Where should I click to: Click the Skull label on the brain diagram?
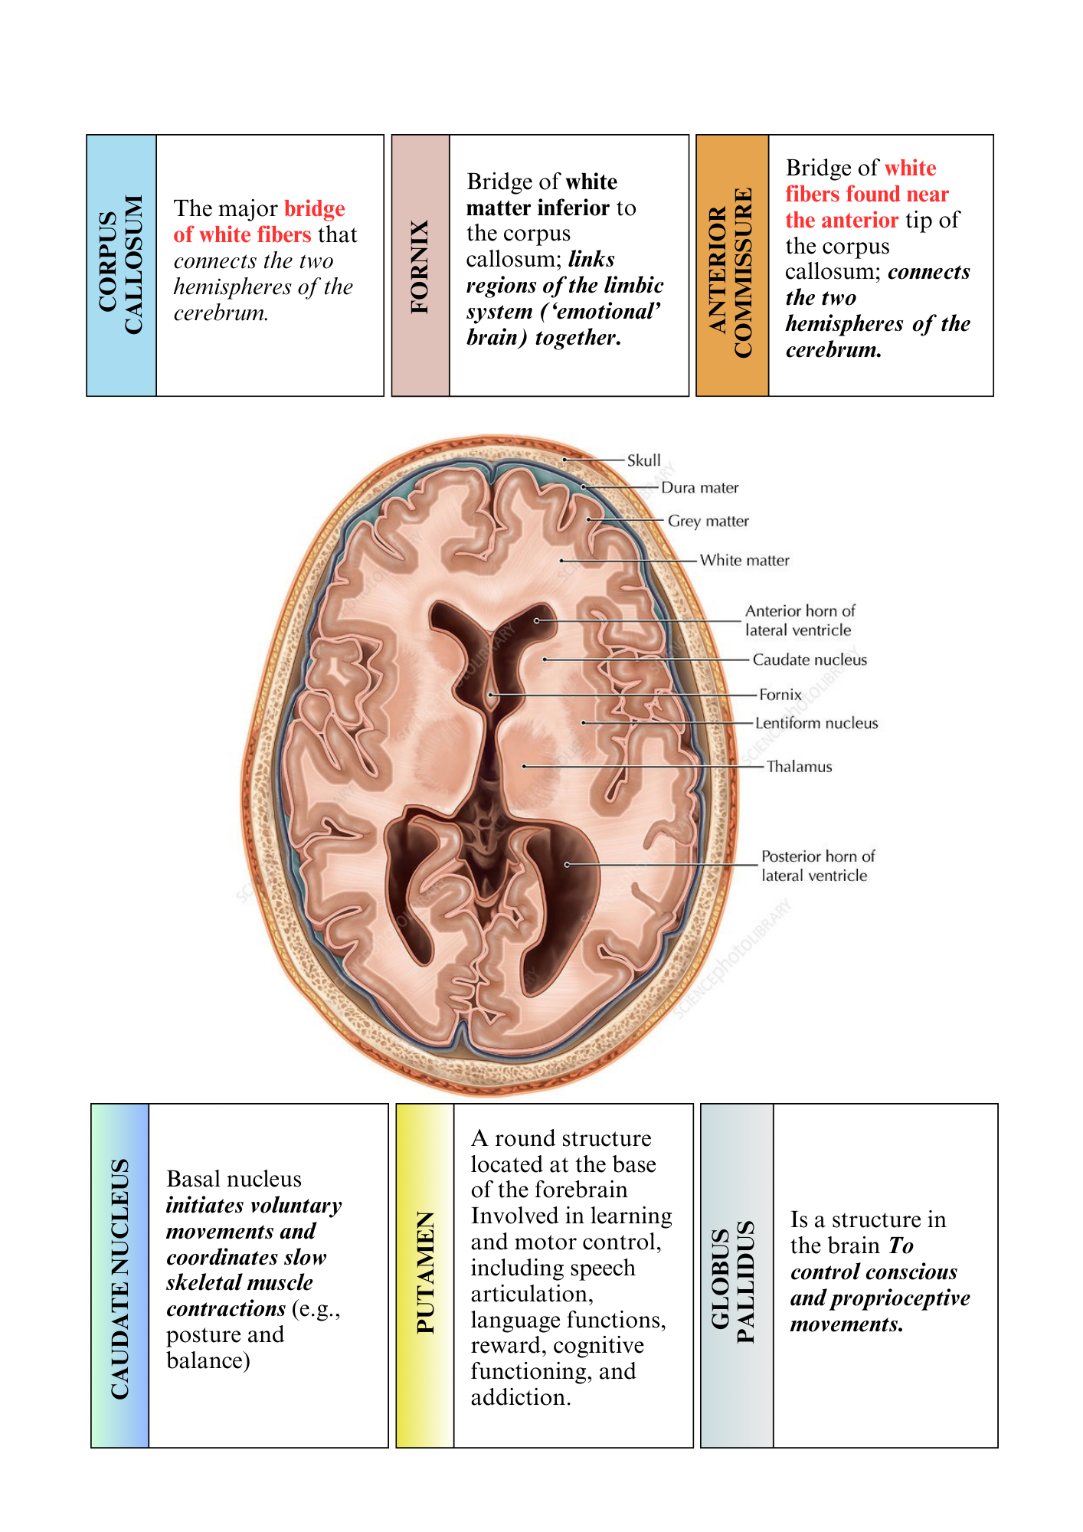pos(643,460)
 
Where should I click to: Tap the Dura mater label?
pos(700,487)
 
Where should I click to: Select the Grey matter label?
pos(708,521)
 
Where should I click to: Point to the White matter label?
pos(744,560)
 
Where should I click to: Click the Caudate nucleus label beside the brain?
pos(810,660)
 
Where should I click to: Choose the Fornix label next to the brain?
pos(780,695)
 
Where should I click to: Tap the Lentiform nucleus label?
pos(816,723)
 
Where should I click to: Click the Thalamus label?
pos(799,767)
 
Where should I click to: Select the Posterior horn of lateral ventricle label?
pos(818,866)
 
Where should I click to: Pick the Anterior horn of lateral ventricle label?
pos(800,620)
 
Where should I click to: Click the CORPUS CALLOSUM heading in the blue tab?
pos(121,264)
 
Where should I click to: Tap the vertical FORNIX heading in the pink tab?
pos(420,267)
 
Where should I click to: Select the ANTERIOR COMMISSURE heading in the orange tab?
pos(731,273)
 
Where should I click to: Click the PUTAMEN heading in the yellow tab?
pos(425,1272)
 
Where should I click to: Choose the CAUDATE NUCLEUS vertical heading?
pos(120,1278)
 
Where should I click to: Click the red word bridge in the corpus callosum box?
pos(315,209)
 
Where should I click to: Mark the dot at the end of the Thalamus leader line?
pos(525,766)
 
